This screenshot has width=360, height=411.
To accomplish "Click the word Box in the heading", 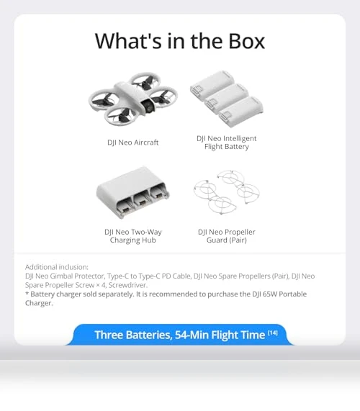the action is tap(246, 41).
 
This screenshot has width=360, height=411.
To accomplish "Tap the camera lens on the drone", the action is tap(149, 106).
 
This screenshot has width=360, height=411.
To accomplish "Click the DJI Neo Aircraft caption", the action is tap(133, 143).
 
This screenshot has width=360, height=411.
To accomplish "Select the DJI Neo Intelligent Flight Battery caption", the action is tap(227, 143).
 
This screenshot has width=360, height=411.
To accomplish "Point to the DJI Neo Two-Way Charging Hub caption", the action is tap(133, 236).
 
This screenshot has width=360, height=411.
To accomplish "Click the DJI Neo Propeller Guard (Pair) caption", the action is tap(227, 236).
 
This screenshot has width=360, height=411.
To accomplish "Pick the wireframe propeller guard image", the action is tap(227, 192).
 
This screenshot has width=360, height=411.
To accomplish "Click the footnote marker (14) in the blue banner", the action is tap(273, 333).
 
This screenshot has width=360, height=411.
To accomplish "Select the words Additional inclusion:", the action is tap(57, 267).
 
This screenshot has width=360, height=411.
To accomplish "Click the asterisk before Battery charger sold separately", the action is tap(27, 293).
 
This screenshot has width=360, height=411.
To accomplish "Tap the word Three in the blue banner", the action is tap(109, 335).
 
